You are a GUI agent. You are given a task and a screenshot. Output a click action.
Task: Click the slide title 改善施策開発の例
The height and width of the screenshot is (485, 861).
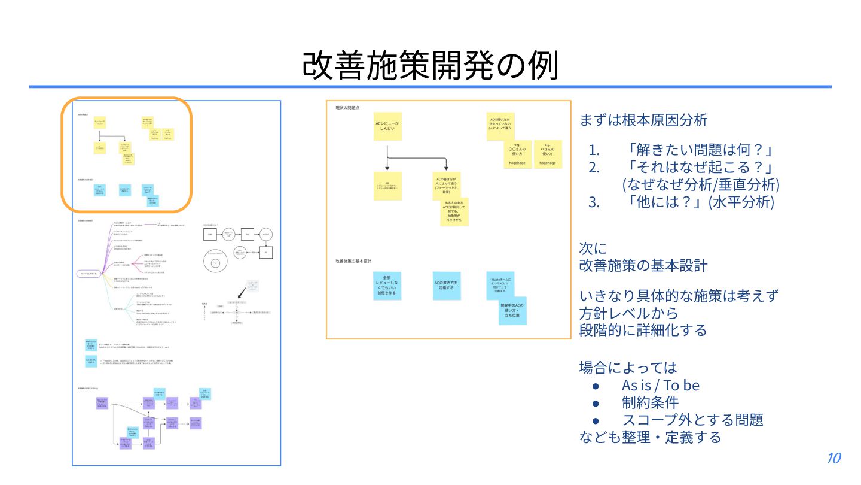coord(430,65)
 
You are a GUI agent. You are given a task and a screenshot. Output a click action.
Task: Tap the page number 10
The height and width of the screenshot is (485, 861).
coord(834,459)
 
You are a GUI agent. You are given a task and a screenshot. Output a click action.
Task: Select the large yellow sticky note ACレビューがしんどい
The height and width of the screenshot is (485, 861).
coord(387,126)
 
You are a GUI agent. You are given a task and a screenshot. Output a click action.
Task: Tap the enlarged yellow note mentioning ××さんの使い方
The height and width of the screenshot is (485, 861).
coord(548,154)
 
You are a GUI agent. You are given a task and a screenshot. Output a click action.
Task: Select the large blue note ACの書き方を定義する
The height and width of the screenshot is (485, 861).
coord(446,286)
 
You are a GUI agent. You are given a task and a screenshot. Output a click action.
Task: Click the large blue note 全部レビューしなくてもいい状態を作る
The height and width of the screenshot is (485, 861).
coord(387,286)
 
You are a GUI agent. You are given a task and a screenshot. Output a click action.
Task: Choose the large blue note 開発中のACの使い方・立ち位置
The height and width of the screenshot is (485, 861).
coord(512,310)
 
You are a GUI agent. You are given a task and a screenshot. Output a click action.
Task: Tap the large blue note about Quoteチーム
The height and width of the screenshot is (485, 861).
coord(500,286)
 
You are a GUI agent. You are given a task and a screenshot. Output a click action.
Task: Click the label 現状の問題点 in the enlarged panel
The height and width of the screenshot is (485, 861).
coord(348,108)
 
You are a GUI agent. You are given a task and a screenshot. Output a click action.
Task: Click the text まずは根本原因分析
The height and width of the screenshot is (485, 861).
coord(643,120)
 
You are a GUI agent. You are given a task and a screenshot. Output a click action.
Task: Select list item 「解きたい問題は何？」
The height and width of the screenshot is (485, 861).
coord(696,150)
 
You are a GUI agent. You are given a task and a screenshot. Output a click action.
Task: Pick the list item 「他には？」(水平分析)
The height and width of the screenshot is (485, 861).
coord(700,202)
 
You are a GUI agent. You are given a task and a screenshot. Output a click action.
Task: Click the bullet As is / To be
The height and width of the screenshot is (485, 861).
coord(660,385)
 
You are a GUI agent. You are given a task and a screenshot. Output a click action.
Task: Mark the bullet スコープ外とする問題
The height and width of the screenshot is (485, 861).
coord(692,420)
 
